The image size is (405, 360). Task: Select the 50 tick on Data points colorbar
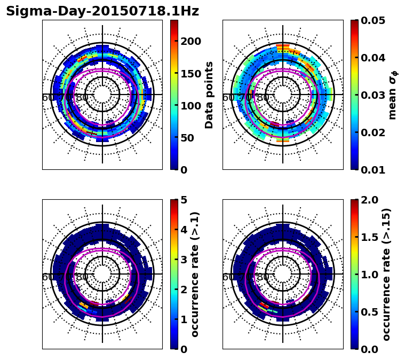point(190,138)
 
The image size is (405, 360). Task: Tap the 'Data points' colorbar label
point(209,95)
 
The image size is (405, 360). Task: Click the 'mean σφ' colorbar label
point(393,95)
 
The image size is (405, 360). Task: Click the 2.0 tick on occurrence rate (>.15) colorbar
point(371,200)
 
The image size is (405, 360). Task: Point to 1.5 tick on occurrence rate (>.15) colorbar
point(371,237)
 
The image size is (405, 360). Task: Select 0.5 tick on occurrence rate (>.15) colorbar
point(371,312)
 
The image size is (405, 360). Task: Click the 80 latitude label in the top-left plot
point(82,98)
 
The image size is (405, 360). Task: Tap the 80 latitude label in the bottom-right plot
point(263,277)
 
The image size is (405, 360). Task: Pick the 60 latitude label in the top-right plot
point(228,98)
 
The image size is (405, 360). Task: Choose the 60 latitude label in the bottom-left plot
point(47,277)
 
